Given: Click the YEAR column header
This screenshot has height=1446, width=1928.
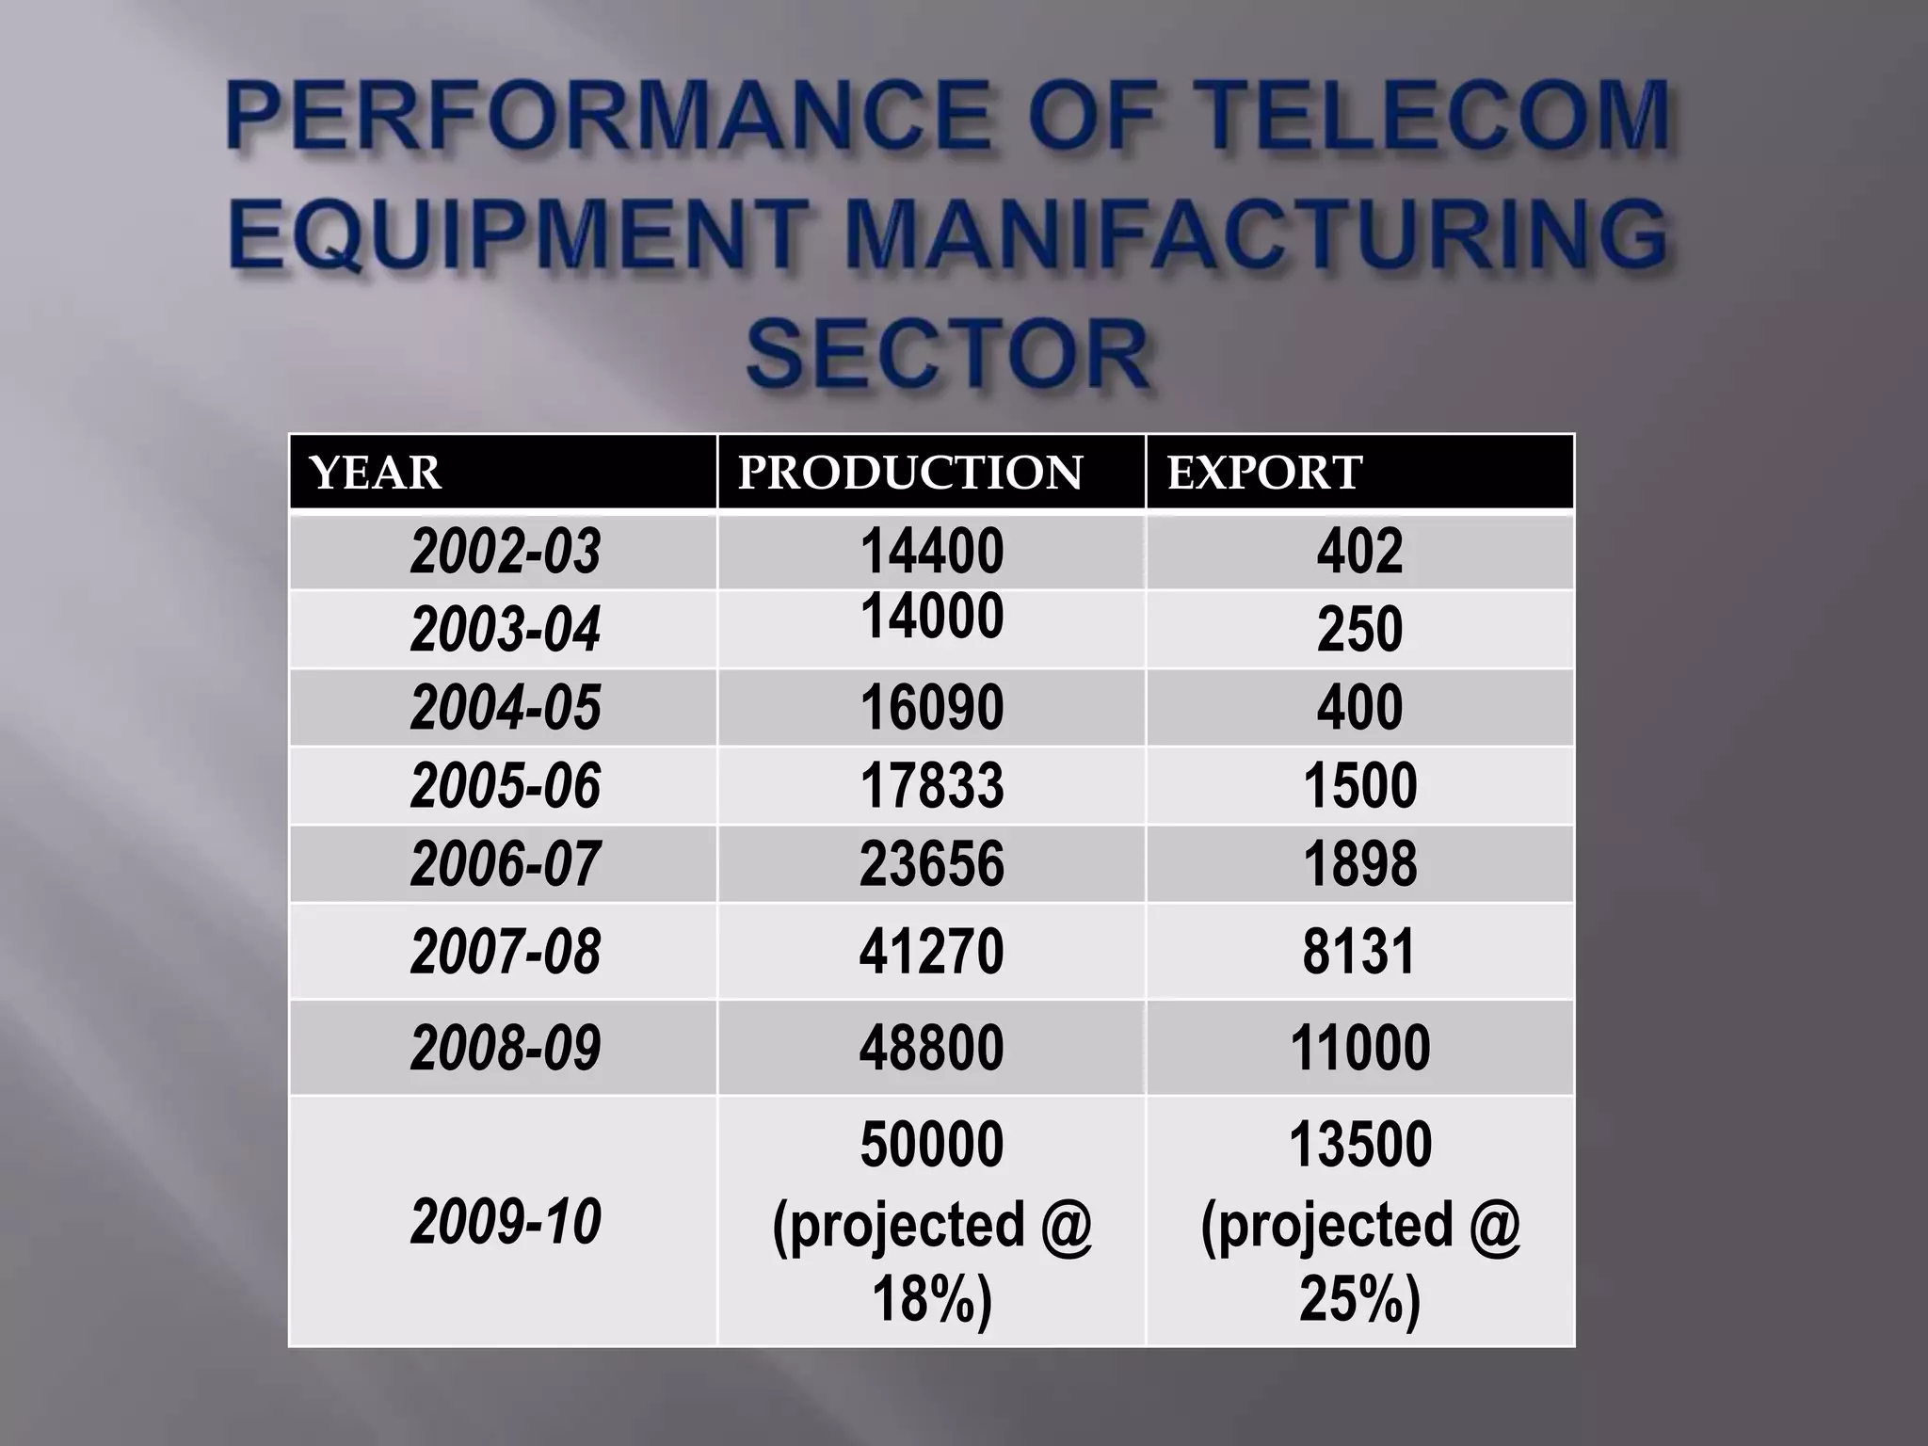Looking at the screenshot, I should [375, 473].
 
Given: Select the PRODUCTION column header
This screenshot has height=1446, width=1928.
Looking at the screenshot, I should [910, 473].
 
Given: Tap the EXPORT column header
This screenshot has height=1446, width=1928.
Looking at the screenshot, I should [1264, 473].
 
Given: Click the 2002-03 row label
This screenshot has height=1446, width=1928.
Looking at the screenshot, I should [506, 552].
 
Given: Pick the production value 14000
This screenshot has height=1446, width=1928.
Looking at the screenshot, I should [932, 617].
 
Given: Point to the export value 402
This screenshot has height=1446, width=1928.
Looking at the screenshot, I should [1359, 552].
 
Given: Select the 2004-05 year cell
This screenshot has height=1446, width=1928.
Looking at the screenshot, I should [506, 708].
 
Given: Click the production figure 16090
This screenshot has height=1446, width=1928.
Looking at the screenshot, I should [932, 708].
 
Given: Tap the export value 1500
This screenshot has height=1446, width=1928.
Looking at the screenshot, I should [1359, 786].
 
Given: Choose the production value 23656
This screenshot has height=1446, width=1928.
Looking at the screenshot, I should [932, 864].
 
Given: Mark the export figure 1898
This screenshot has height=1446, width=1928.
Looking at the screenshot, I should [1359, 864].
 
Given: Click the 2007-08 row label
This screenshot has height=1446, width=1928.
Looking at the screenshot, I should [506, 951].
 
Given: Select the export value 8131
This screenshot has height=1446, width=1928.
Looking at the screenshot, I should [1359, 951].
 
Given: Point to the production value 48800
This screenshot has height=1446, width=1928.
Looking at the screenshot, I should [932, 1048].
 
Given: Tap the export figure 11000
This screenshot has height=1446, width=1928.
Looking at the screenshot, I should [1359, 1048].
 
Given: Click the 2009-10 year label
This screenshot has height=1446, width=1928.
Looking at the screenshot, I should [506, 1222].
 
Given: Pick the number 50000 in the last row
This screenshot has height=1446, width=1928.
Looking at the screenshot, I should [932, 1145].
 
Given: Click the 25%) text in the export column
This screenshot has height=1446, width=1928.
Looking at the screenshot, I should [1359, 1299].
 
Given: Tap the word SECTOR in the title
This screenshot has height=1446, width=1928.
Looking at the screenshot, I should [948, 356].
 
